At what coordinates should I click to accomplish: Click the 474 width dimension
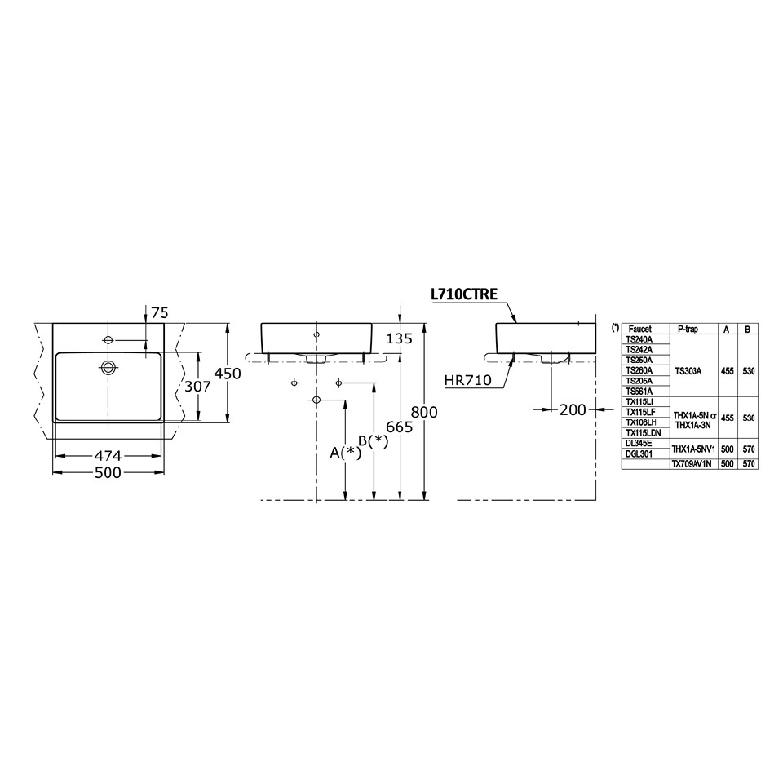108,455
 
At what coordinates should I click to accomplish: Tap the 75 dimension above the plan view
159,312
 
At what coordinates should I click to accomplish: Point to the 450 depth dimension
228,374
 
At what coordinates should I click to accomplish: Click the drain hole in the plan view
108,366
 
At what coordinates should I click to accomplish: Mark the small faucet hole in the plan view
108,338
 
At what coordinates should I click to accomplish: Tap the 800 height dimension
425,412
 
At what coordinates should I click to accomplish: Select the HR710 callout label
467,380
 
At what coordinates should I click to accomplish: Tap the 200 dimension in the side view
573,409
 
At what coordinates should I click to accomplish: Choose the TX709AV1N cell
692,463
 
